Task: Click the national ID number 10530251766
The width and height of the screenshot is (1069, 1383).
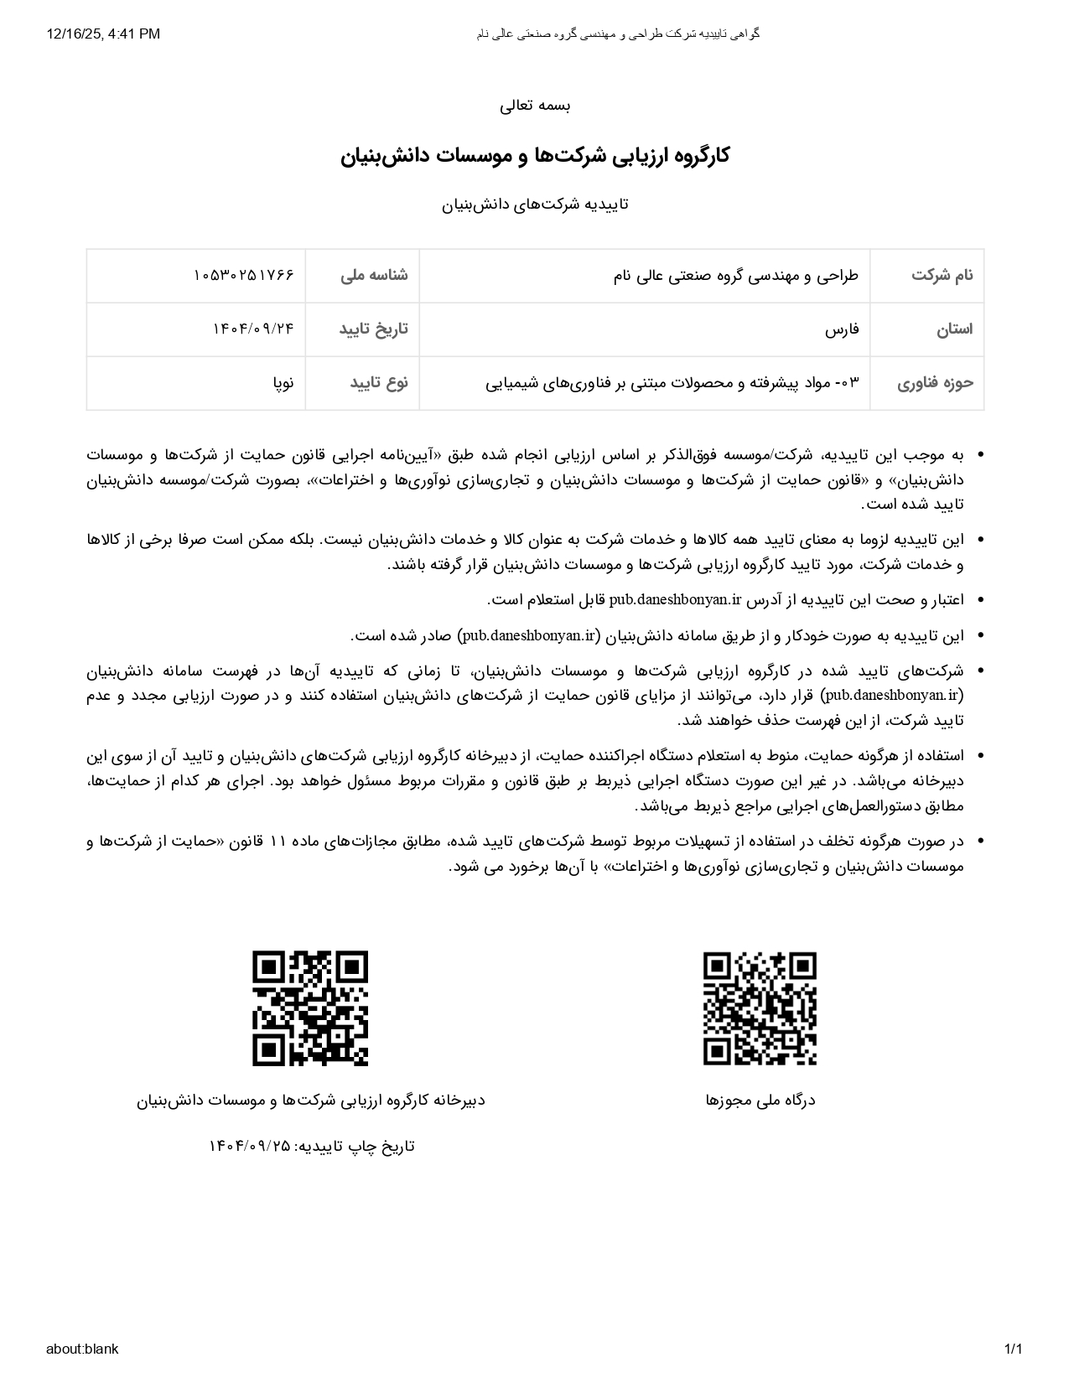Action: click(243, 275)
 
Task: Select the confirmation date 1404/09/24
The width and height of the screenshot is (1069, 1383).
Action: click(253, 329)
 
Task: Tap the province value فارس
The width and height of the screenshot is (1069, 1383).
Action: click(842, 329)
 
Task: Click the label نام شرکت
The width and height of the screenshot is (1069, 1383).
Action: click(942, 275)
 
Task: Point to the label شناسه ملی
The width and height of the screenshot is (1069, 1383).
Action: click(374, 275)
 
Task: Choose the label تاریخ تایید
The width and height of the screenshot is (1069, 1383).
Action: click(373, 329)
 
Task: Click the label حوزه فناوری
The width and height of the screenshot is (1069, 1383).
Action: click(935, 383)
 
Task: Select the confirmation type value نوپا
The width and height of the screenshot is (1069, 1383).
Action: click(283, 383)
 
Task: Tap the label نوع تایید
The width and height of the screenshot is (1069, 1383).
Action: click(378, 383)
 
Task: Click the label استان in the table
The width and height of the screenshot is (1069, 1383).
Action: click(954, 329)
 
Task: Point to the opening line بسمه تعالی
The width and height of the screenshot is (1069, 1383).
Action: click(535, 106)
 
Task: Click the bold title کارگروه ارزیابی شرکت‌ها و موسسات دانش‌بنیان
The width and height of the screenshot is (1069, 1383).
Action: click(535, 156)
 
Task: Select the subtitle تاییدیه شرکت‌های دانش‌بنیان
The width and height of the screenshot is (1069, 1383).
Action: click(535, 205)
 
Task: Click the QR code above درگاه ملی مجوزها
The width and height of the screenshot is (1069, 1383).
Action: click(760, 1008)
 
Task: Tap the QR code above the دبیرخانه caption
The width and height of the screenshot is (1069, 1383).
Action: click(310, 1008)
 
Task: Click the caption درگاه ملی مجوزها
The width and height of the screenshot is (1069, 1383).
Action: click(760, 1100)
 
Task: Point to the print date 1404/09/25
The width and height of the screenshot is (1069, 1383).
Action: click(250, 1146)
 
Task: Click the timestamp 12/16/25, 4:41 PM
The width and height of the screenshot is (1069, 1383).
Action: click(103, 34)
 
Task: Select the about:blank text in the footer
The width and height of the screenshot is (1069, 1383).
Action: click(82, 1349)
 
